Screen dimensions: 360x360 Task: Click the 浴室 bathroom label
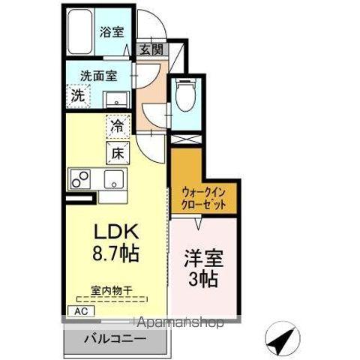pos(112,32)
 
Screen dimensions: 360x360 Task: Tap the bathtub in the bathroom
pos(80,32)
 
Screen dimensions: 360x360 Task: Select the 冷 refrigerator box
pos(118,126)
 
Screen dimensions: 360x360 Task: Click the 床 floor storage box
pos(118,153)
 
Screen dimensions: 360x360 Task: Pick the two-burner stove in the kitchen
pos(80,179)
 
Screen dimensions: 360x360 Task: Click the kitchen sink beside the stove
pos(115,179)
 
